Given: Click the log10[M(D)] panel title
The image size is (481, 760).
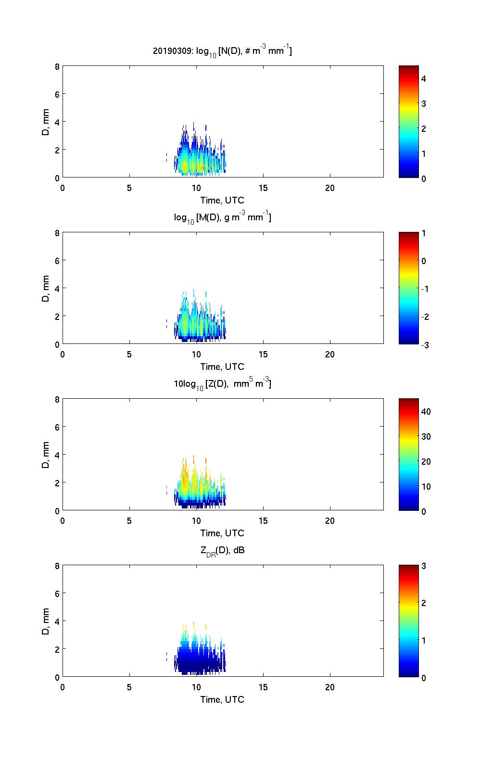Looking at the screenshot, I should click(x=222, y=217).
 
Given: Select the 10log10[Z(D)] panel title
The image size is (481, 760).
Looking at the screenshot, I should click(x=222, y=384).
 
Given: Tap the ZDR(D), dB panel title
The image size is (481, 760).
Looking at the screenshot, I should click(x=222, y=550).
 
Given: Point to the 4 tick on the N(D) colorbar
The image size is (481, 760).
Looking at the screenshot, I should click(x=424, y=78).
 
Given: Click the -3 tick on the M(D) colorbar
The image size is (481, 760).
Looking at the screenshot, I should click(x=424, y=345).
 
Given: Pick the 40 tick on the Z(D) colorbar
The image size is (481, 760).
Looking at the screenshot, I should click(x=426, y=412).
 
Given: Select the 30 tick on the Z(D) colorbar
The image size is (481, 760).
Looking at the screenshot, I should click(x=426, y=437).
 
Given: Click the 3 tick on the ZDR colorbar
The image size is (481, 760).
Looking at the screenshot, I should click(x=424, y=566).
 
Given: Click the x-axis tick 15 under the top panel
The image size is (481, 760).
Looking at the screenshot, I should click(x=263, y=188).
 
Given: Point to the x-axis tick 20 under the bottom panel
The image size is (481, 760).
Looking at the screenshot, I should click(x=330, y=687).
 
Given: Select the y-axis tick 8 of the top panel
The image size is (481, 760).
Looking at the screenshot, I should click(x=57, y=66).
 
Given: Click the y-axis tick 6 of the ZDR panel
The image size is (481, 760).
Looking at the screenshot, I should click(x=57, y=594).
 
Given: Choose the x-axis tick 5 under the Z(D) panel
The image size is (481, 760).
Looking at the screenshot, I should click(x=129, y=521).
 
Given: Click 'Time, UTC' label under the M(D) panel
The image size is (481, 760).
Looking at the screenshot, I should click(x=222, y=367).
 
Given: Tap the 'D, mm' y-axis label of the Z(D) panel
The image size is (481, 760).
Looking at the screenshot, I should click(x=46, y=454).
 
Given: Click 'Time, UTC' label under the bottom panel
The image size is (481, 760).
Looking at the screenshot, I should click(x=222, y=699).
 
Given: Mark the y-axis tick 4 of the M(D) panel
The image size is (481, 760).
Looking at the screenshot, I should click(x=57, y=288).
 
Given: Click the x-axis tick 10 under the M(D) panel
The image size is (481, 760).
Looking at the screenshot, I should click(x=196, y=355).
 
